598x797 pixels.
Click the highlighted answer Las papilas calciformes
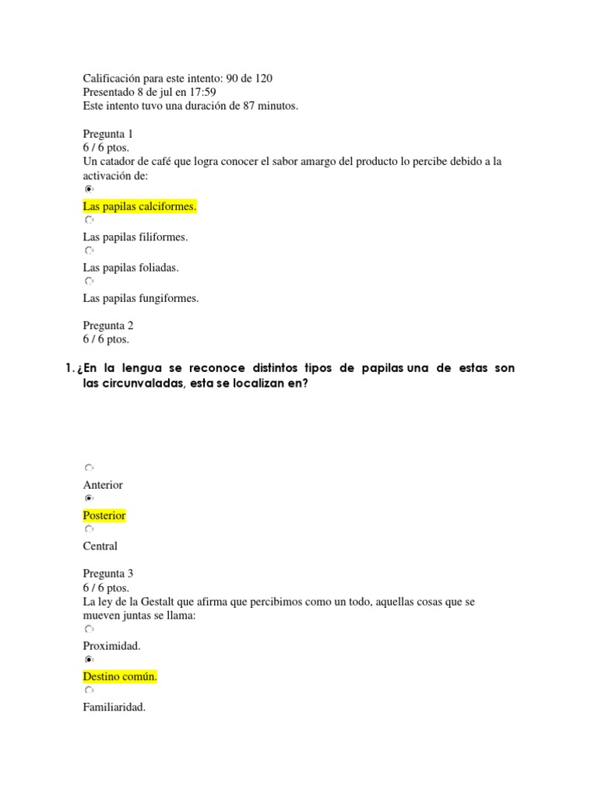[139, 206]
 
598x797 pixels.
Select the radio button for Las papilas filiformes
[89, 221]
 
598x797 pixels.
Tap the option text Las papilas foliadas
[130, 267]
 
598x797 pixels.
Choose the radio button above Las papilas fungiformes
[89, 282]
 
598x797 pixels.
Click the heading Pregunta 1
[108, 134]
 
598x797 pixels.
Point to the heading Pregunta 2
[108, 325]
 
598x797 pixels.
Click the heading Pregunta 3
[108, 574]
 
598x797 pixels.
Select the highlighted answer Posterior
[104, 515]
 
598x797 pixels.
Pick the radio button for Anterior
[89, 469]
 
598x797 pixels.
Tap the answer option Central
[100, 546]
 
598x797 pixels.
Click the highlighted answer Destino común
[120, 676]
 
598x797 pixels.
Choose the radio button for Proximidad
[89, 630]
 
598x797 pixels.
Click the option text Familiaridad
[114, 707]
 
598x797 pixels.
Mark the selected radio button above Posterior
[89, 499]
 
